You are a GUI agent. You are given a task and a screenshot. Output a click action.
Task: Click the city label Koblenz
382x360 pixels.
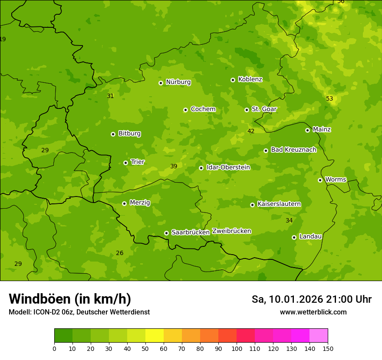click(250, 79)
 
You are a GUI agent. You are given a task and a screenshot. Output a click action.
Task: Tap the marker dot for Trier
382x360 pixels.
click(125, 163)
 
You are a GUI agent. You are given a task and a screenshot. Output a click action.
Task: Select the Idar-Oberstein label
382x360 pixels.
click(228, 167)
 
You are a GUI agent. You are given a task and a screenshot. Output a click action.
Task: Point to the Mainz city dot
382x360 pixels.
click(307, 130)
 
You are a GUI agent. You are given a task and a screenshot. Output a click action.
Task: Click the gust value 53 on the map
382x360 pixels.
click(329, 98)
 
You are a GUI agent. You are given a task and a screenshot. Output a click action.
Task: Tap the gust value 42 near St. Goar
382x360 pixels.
click(251, 131)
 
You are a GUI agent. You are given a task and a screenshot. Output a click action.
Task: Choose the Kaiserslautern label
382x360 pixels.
click(279, 204)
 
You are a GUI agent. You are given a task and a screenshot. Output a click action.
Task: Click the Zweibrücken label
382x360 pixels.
click(231, 231)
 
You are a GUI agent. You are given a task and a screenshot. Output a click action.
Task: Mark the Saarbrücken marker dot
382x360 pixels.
click(166, 233)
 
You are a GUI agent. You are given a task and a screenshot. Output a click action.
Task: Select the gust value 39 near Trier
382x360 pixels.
click(174, 166)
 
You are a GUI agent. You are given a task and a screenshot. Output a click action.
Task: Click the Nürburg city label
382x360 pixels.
click(178, 82)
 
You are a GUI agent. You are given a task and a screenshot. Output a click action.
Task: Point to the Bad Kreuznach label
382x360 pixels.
click(293, 150)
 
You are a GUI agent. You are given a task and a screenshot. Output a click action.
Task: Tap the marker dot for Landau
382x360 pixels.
click(294, 237)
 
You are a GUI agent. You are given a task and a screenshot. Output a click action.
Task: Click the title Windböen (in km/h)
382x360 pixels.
click(70, 299)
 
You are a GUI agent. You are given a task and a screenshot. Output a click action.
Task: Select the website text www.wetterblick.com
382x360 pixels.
click(313, 312)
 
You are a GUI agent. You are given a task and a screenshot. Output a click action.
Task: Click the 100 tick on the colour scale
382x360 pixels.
click(237, 348)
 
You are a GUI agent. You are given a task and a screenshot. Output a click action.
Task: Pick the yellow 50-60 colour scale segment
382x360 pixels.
click(155, 336)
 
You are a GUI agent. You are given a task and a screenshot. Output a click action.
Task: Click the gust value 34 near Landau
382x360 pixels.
click(289, 221)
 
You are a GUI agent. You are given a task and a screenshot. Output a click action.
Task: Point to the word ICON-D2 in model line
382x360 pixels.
click(46, 312)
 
